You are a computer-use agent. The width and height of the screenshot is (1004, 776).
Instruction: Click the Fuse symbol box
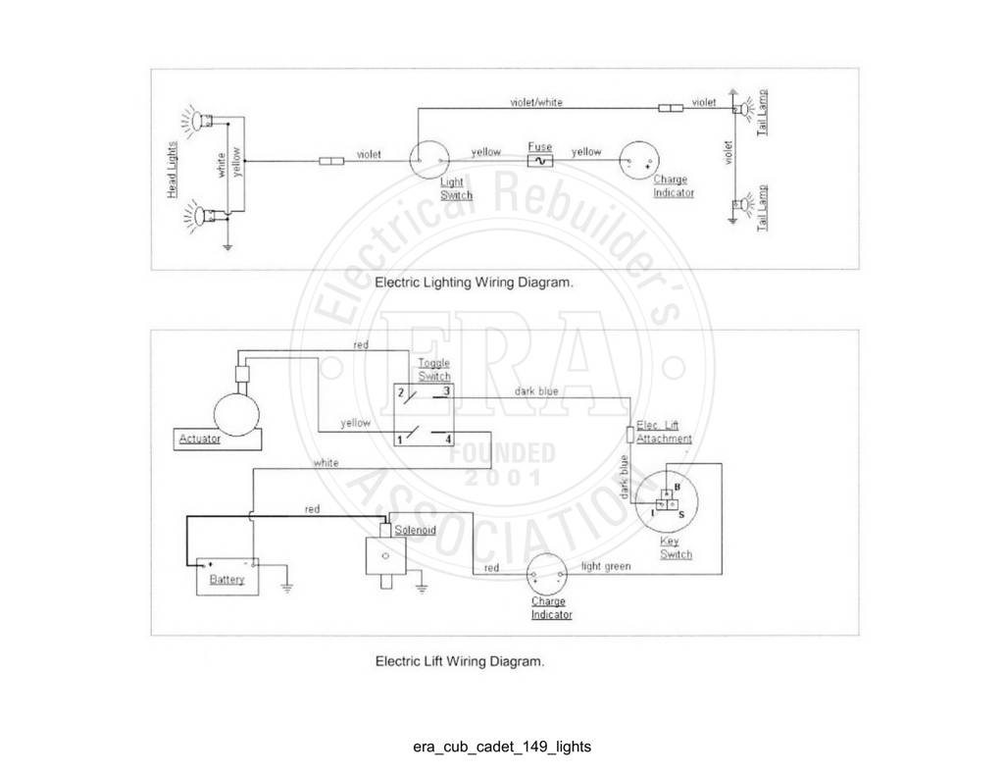(x=540, y=161)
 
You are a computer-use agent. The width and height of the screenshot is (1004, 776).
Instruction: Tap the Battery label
(x=227, y=579)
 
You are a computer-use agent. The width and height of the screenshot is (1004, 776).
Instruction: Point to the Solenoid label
(x=415, y=530)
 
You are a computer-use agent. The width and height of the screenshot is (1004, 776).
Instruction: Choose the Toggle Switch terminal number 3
(x=446, y=391)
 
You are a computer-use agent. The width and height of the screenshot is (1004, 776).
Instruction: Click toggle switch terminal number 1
(x=400, y=440)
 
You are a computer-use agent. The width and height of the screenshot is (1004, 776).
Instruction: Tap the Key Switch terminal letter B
(x=678, y=487)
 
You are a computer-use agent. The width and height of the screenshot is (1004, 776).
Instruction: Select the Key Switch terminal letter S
(x=681, y=515)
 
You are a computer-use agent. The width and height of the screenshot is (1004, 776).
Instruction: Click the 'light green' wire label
(x=606, y=566)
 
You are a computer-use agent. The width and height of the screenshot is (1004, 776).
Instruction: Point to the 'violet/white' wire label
(x=536, y=102)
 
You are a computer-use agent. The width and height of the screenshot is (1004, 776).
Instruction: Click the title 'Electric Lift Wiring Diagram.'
(x=460, y=660)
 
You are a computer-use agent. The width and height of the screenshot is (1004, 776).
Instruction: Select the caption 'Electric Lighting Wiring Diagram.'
(x=474, y=282)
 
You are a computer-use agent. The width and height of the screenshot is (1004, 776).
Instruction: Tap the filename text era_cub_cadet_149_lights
(x=502, y=747)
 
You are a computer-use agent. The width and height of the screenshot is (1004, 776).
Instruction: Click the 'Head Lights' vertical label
(x=172, y=170)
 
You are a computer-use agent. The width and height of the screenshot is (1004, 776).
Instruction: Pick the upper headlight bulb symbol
(x=202, y=121)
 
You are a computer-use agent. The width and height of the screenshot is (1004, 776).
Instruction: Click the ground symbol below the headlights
(x=227, y=245)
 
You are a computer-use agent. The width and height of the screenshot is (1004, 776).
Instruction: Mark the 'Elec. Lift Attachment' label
(x=664, y=432)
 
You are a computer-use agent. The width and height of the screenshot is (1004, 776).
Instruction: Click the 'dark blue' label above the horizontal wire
(x=536, y=390)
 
